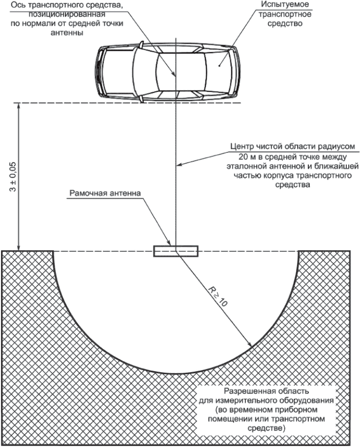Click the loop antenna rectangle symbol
click(x=176, y=251)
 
